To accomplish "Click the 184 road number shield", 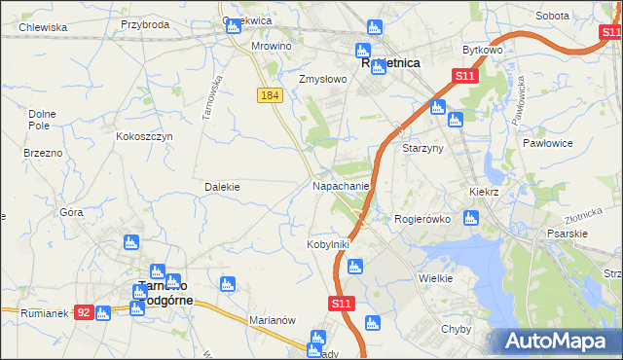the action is [x=271, y=94].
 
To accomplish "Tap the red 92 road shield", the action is [x=85, y=312].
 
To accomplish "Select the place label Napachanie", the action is [x=341, y=185].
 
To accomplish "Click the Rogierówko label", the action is [x=421, y=219].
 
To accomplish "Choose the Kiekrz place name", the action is [x=484, y=193].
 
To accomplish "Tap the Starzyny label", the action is [x=423, y=148].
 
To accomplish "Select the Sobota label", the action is [x=552, y=16].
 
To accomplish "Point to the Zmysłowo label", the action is [x=322, y=79].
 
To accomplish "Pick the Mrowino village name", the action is [x=272, y=46].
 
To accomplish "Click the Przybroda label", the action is [x=145, y=24].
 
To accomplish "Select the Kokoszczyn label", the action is [x=144, y=136].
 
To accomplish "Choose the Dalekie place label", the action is [x=222, y=186].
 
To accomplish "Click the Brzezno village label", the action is [x=43, y=153].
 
